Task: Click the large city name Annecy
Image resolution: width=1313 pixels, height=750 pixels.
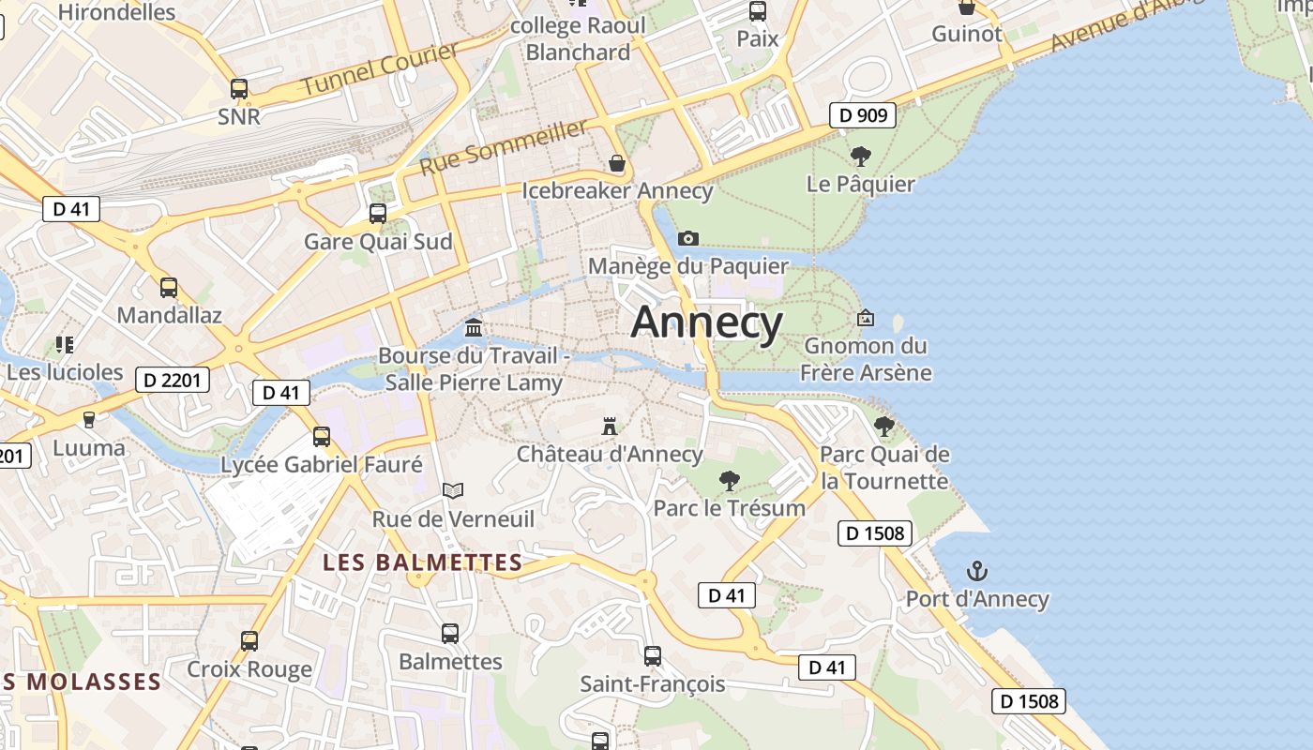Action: click(x=706, y=322)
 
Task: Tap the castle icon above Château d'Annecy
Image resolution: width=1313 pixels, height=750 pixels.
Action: click(x=610, y=427)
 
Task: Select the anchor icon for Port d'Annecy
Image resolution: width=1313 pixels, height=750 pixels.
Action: click(x=977, y=570)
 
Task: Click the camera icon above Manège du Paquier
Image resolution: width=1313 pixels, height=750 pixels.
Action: click(x=688, y=238)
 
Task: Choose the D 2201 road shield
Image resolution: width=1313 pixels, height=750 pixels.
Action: click(x=173, y=380)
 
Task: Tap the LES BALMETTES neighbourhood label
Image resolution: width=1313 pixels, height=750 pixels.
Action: click(x=422, y=562)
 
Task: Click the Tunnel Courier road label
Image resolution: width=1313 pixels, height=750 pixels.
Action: click(x=380, y=69)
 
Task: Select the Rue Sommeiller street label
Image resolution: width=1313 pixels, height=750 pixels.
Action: click(x=504, y=147)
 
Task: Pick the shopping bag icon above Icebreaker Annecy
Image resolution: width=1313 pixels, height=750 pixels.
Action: click(x=617, y=163)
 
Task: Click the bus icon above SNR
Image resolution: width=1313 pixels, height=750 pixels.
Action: click(x=239, y=89)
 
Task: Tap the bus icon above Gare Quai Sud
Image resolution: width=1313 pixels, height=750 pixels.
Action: click(x=378, y=214)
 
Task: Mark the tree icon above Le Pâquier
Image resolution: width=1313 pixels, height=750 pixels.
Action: click(x=860, y=156)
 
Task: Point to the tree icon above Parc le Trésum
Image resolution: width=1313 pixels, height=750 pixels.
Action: click(x=729, y=481)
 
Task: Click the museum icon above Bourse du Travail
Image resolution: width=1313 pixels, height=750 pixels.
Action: click(x=475, y=328)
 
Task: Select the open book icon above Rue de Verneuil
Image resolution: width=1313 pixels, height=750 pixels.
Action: click(x=453, y=490)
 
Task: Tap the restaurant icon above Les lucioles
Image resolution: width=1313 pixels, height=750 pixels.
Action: click(x=65, y=344)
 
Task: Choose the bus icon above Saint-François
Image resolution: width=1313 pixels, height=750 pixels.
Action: click(x=653, y=655)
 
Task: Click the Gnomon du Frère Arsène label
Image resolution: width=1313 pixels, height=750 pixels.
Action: click(x=866, y=359)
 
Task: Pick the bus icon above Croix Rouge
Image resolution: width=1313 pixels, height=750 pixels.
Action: click(x=249, y=641)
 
